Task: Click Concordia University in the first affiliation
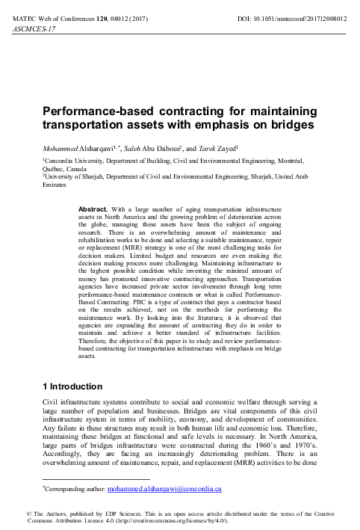pyautogui.click(x=79, y=160)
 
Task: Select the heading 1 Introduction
pyautogui.click(x=73, y=386)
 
